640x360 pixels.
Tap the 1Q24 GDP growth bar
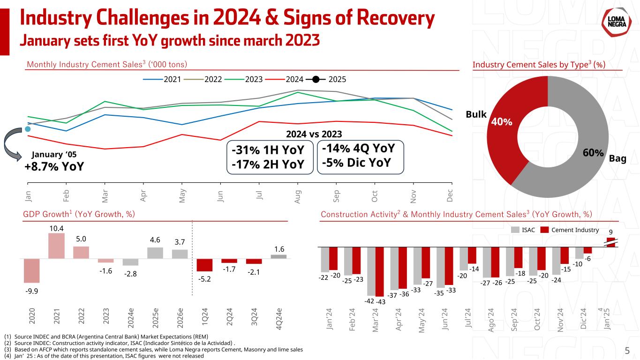204,265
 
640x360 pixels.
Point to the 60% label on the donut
593,153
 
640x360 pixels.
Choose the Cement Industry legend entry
569,230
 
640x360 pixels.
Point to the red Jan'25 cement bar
610,242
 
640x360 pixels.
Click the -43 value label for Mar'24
381,302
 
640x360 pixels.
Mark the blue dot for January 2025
28,129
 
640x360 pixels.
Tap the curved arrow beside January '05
13,146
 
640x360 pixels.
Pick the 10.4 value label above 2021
56,228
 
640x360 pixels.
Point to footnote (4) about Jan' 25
104,356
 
